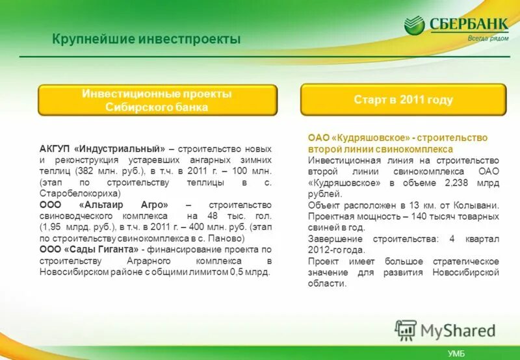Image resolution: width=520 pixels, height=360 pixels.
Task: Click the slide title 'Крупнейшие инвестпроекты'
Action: point(146,40)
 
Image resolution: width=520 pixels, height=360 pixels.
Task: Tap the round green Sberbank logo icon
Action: point(414,26)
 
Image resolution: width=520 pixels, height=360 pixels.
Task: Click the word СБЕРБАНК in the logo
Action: point(468,24)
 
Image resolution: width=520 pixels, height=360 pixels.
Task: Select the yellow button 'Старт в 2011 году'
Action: point(403,100)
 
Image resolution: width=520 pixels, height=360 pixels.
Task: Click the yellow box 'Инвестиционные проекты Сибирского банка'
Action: point(157,101)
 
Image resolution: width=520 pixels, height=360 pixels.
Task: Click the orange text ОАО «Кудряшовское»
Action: point(357,138)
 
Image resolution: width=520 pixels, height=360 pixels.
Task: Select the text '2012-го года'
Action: point(337,250)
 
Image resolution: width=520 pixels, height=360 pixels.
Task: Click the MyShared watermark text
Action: point(458,331)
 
